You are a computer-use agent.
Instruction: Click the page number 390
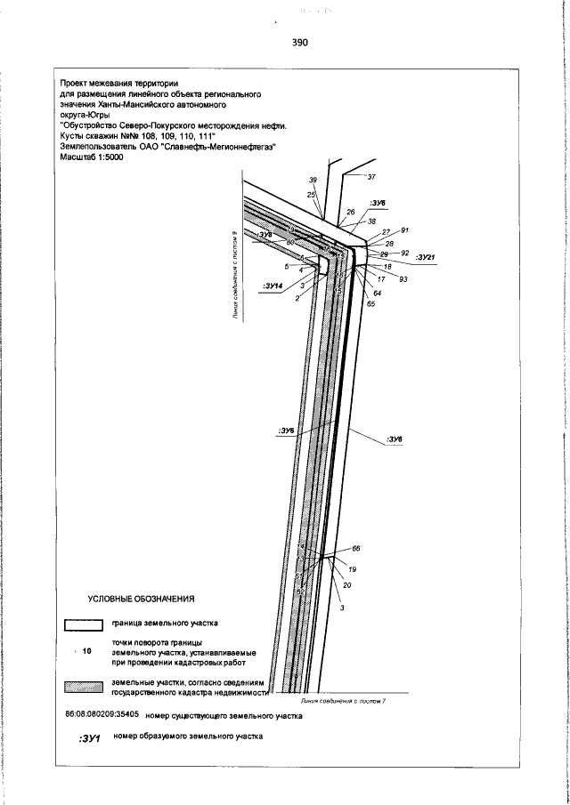click(298, 42)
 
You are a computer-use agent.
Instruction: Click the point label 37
click(371, 178)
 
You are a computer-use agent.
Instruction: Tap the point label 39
click(313, 180)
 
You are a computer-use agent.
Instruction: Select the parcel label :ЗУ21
click(426, 258)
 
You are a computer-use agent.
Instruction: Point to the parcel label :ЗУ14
click(273, 286)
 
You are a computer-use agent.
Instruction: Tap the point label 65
click(370, 304)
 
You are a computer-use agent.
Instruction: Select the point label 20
click(347, 585)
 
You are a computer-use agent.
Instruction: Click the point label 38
click(371, 221)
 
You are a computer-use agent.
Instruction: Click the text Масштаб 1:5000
click(91, 157)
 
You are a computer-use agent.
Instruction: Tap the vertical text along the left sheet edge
click(233, 275)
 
